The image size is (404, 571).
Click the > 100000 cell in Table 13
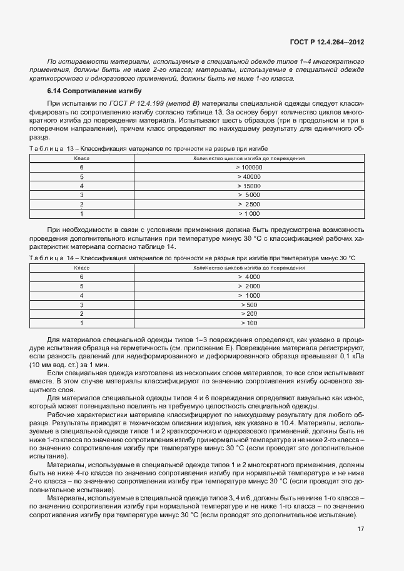(249, 168)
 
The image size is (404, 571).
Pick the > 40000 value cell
(249, 177)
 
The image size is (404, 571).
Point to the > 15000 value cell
(249, 186)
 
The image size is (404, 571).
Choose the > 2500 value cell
(249, 205)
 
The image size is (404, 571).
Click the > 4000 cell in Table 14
(249, 276)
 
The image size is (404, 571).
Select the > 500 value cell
(249, 305)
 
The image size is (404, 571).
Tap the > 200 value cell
(249, 313)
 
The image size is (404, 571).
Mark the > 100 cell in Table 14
(249, 323)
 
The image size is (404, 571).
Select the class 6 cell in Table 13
(81, 168)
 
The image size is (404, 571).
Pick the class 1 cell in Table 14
(81, 323)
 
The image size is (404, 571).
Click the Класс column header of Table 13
(81, 159)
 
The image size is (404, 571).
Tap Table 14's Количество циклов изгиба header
(249, 268)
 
